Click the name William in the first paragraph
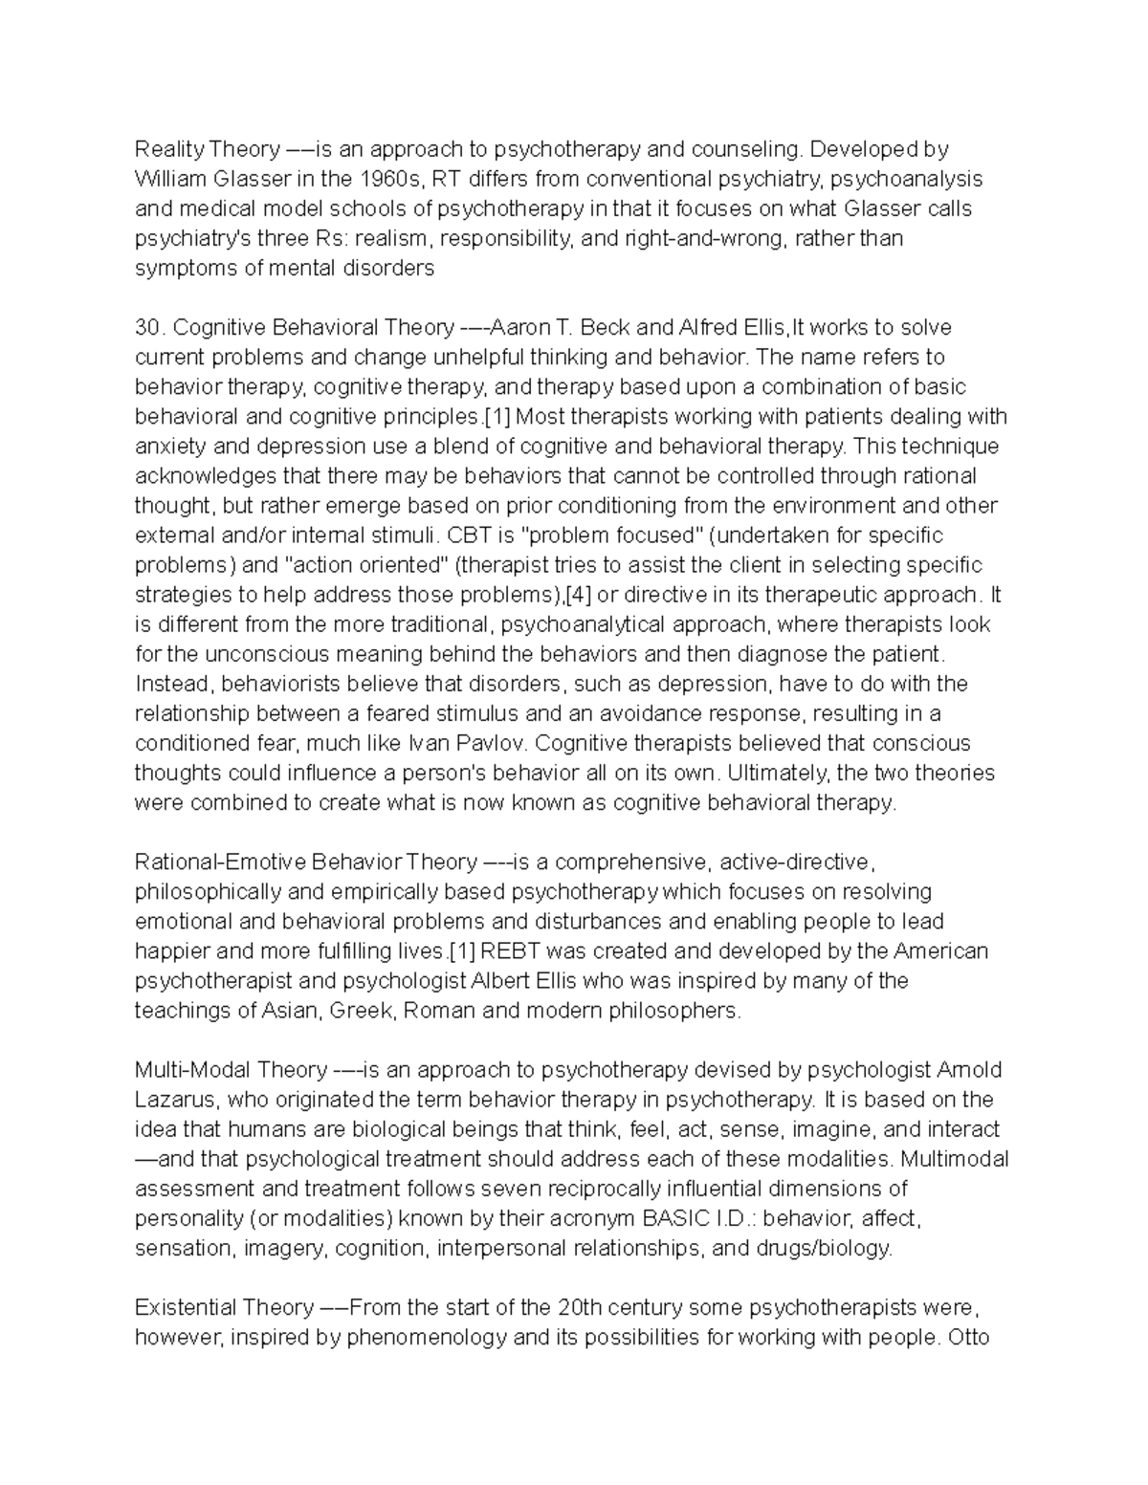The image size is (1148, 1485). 168,179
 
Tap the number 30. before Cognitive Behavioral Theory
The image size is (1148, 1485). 151,328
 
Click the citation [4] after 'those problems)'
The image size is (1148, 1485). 578,595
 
